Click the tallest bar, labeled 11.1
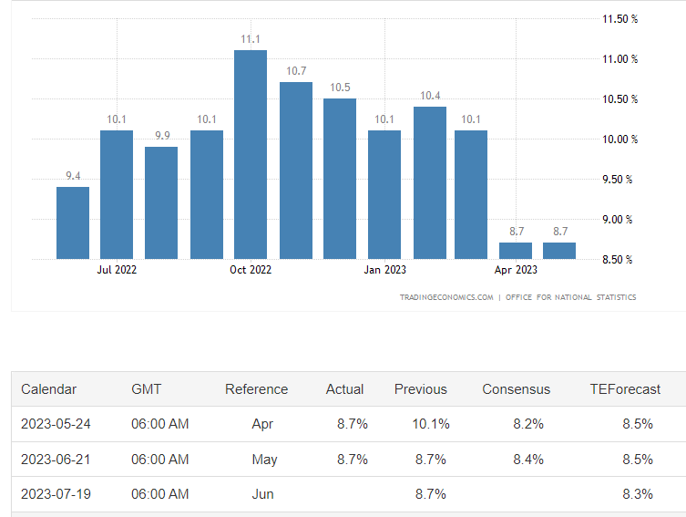point(251,154)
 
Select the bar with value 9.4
point(73,222)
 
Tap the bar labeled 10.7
point(296,171)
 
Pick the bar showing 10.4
point(430,182)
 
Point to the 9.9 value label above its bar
point(162,136)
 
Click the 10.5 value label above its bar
point(340,88)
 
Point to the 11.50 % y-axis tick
point(619,19)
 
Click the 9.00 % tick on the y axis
point(619,220)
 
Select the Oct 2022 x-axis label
point(251,270)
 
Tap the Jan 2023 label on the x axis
point(384,270)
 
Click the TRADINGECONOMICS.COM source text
point(446,297)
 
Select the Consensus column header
point(517,389)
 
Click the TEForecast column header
point(625,389)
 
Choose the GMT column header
point(147,389)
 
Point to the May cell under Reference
point(264,460)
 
